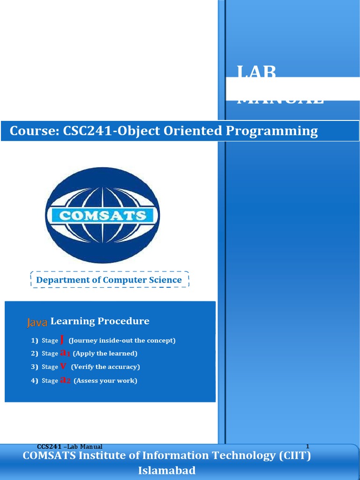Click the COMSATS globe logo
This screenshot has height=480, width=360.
[x=102, y=215]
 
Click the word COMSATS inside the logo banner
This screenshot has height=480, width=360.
[x=102, y=216]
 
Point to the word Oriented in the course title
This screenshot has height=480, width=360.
[x=193, y=131]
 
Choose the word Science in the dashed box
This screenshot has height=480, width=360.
[x=164, y=280]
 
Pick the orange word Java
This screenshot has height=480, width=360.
[x=37, y=322]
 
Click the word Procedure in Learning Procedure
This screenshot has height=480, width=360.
[x=124, y=321]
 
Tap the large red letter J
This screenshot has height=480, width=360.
[x=62, y=339]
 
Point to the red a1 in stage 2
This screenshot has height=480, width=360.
[x=65, y=353]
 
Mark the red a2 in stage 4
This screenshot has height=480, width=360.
[x=65, y=380]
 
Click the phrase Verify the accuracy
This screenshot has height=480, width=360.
[x=105, y=367]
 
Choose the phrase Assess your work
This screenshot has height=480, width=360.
[x=105, y=380]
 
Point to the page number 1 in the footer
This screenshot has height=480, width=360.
[x=307, y=446]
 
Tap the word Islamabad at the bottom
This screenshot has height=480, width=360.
[x=167, y=471]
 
